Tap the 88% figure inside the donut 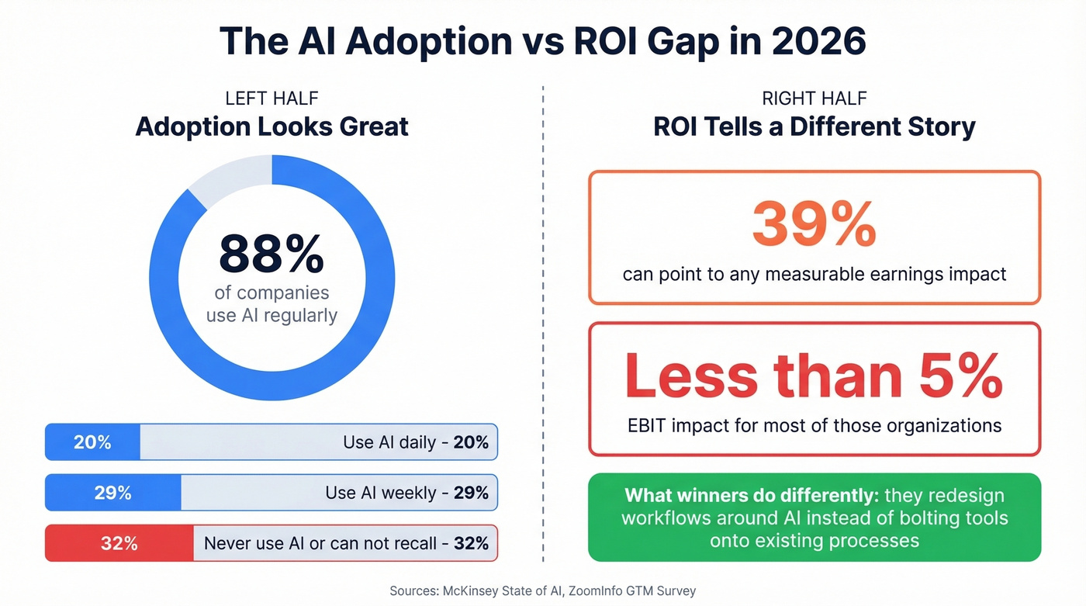coord(271,254)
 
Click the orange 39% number coord(814,225)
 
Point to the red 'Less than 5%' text coord(814,376)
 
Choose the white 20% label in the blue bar coord(92,442)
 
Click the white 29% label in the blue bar coord(112,493)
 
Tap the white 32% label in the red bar coord(119,543)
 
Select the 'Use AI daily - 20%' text coord(415,442)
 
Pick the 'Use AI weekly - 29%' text coord(406,493)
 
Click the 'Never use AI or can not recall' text coord(320,543)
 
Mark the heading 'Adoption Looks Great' coord(271,126)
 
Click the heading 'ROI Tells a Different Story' coord(814,126)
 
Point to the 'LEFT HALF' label coord(271,99)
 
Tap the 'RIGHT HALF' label coord(814,99)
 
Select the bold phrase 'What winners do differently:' coord(751,495)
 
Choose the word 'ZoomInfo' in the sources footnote coord(596,591)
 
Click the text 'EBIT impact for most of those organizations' coord(814,425)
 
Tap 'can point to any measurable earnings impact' coord(814,275)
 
